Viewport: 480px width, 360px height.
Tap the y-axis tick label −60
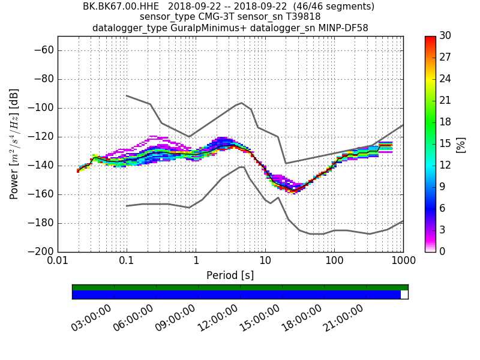pyautogui.click(x=43, y=50)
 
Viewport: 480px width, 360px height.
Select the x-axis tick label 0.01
pyautogui.click(x=58, y=262)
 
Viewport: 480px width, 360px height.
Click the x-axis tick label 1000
pyautogui.click(x=403, y=262)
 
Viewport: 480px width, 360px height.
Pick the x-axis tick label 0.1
pyautogui.click(x=127, y=262)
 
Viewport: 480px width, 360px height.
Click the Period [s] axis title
pyautogui.click(x=230, y=275)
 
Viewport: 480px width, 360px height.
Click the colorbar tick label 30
pyautogui.click(x=445, y=36)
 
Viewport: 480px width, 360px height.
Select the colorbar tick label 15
pyautogui.click(x=445, y=144)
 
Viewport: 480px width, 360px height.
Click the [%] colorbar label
pyautogui.click(x=461, y=144)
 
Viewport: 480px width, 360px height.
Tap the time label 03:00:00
pyautogui.click(x=91, y=318)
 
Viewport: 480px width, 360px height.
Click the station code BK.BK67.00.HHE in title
pyautogui.click(x=121, y=7)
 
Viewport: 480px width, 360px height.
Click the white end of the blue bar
pyautogui.click(x=404, y=295)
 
